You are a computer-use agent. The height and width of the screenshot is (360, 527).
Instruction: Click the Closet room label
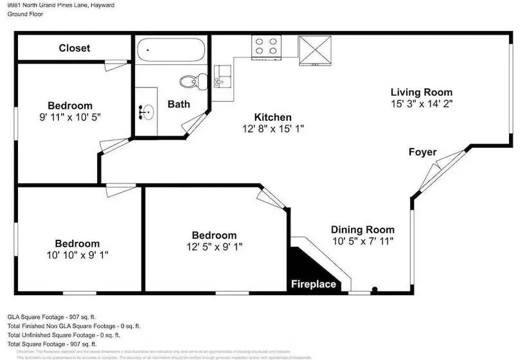click(x=75, y=48)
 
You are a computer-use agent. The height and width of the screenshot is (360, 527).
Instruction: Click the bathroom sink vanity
click(x=147, y=112)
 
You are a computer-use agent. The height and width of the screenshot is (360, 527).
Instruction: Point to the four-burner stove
click(x=267, y=47)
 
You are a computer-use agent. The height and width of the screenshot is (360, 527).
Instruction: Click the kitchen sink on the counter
click(x=220, y=78)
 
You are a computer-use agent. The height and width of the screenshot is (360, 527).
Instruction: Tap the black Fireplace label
click(x=313, y=283)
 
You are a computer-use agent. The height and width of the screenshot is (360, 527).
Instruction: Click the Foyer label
click(x=423, y=152)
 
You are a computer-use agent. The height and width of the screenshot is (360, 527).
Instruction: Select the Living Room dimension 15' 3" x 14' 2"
click(x=421, y=103)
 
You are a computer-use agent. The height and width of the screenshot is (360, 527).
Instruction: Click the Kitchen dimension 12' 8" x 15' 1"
click(x=273, y=129)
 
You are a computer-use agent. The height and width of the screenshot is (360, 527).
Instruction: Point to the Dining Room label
click(x=362, y=230)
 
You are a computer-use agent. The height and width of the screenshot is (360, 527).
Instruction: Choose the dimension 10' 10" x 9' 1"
click(x=76, y=255)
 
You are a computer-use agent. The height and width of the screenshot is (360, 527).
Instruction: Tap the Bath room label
click(x=179, y=104)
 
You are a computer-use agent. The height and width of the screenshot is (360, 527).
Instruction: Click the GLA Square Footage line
click(x=51, y=317)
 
